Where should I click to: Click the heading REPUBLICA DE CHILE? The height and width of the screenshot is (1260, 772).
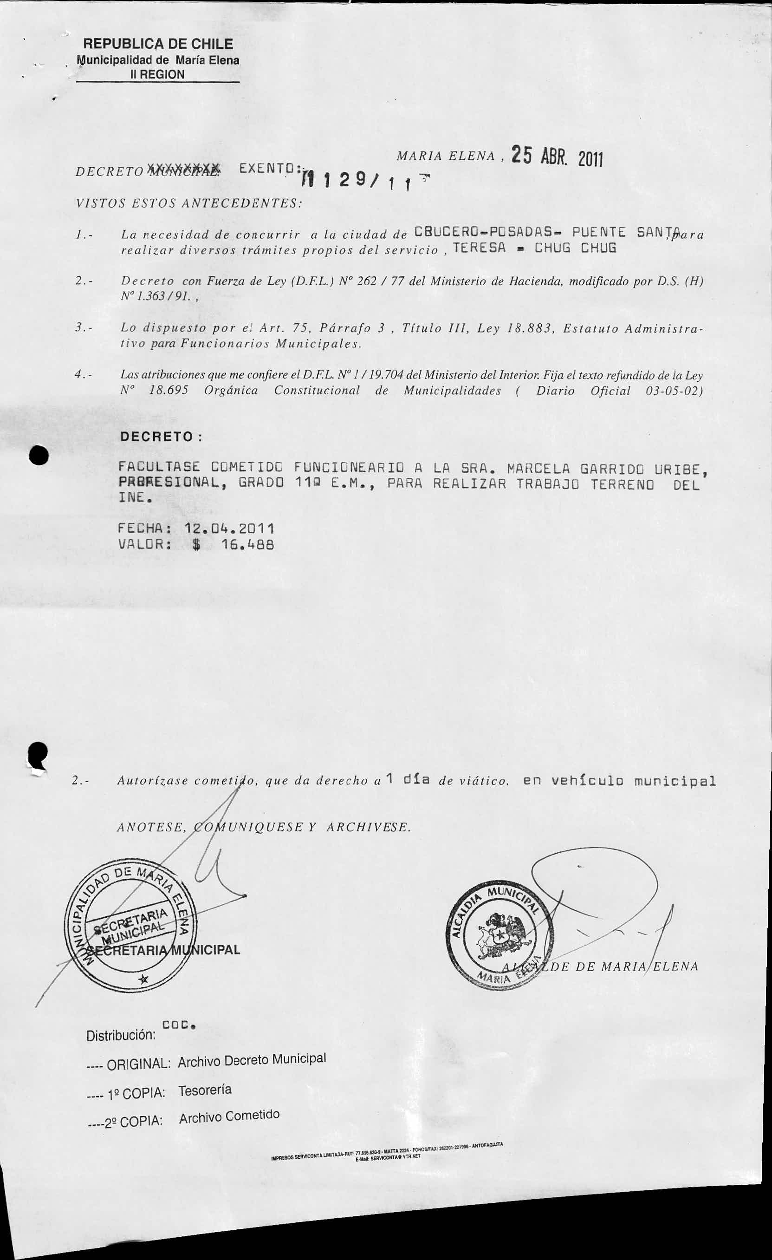tap(158, 44)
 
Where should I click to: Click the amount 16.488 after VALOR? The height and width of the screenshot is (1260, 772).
tap(248, 545)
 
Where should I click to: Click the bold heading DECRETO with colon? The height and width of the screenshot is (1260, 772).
tap(161, 437)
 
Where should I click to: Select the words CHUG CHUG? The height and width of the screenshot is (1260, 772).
tap(575, 248)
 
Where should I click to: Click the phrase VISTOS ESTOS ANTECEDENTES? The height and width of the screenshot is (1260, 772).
tap(188, 203)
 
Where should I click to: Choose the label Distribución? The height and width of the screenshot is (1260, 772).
tap(121, 1036)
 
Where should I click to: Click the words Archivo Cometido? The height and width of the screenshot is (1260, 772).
tap(229, 1117)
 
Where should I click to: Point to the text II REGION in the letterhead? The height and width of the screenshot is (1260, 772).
tap(157, 75)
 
